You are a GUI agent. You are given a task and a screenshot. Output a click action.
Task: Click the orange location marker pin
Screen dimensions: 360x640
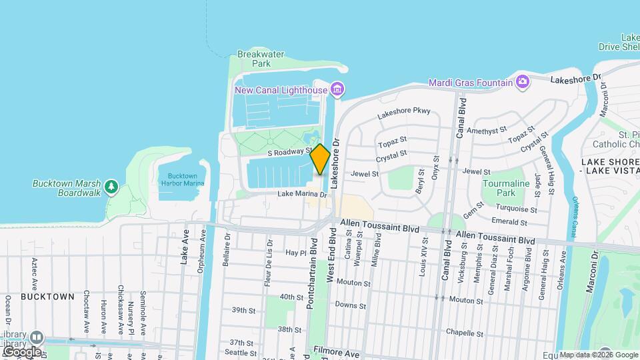pyautogui.click(x=321, y=159)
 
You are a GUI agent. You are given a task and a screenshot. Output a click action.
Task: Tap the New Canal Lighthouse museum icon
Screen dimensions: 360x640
pyautogui.click(x=337, y=89)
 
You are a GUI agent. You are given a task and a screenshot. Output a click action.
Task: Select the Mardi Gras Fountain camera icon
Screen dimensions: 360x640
pyautogui.click(x=522, y=82)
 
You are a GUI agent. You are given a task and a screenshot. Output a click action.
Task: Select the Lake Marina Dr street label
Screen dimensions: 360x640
pyautogui.click(x=302, y=195)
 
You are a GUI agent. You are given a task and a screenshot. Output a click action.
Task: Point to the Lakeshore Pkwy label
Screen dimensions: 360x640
pyautogui.click(x=404, y=113)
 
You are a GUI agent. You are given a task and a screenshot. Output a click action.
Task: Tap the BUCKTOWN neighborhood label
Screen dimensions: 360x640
pyautogui.click(x=47, y=295)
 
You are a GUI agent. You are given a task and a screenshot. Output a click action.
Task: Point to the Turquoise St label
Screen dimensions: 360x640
pyautogui.click(x=527, y=209)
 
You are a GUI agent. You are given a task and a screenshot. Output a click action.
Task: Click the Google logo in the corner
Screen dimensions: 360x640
pyautogui.click(x=21, y=351)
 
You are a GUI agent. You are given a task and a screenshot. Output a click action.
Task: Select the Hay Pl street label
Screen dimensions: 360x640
pyautogui.click(x=295, y=253)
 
